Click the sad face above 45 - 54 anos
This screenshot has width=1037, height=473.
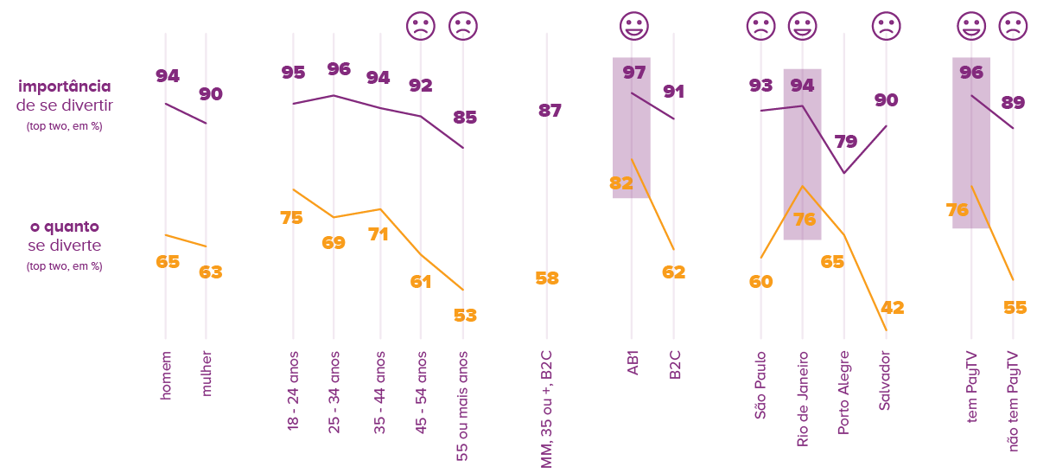coord(421,27)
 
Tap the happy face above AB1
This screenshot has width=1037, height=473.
coord(633,27)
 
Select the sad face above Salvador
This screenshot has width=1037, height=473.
coord(886,27)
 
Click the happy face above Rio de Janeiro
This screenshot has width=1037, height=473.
coord(803,27)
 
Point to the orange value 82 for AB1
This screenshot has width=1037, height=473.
coord(621,182)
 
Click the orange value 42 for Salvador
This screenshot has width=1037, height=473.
coord(892,308)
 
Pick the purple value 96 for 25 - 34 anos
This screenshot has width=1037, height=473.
coord(339,69)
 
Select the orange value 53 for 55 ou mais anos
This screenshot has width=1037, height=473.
coord(465,315)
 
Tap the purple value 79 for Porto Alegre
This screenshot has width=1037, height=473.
coord(846,142)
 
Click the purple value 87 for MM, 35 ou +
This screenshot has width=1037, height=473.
coord(550,111)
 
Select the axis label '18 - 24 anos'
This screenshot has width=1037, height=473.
coord(293,391)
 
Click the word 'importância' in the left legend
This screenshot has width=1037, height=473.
coord(65,86)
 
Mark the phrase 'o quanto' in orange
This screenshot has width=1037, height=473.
coord(65,227)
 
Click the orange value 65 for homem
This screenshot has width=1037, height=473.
coord(168,261)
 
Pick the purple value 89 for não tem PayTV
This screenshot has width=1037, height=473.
coord(1013,102)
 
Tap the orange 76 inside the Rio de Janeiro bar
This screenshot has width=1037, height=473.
coord(805,220)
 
